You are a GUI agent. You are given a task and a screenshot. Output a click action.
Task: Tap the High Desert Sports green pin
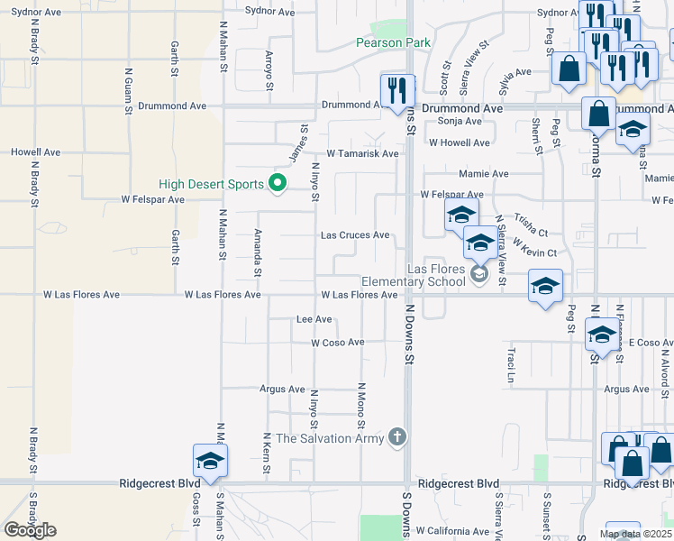(278, 185)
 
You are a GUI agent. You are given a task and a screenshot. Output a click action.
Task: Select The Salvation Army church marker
(397, 438)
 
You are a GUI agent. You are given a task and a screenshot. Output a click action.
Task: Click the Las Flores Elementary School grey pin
(478, 275)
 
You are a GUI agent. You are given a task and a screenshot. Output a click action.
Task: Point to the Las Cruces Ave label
(356, 235)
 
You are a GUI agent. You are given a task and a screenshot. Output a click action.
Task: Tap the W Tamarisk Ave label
(362, 153)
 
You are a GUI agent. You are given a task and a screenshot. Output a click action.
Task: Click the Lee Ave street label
(314, 319)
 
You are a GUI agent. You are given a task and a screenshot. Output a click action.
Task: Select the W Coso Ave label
(338, 343)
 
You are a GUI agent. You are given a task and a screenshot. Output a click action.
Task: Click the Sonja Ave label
(460, 121)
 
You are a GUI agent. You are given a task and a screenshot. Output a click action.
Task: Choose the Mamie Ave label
(483, 174)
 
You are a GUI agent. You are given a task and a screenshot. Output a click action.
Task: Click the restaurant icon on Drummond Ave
(397, 90)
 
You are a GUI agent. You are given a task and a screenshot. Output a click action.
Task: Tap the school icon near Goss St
(210, 461)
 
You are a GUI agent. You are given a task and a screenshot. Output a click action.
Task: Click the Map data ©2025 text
(635, 534)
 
